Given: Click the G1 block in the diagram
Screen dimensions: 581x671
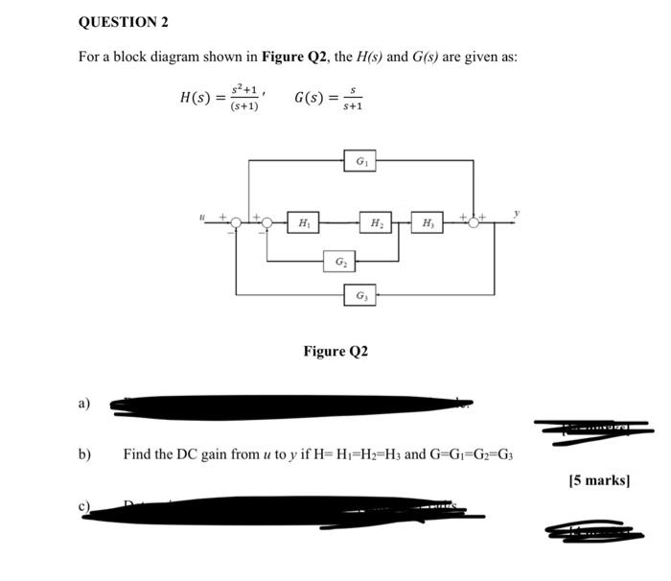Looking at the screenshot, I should [x=360, y=161].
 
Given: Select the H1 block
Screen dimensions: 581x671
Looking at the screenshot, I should [x=304, y=223].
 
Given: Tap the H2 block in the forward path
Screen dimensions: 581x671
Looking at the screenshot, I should [x=377, y=223].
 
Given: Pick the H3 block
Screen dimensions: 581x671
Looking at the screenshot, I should [x=427, y=223].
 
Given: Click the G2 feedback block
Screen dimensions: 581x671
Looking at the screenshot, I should [x=340, y=261].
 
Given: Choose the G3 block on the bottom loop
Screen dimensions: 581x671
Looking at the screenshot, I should [x=360, y=296].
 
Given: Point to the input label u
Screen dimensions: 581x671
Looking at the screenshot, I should [x=202, y=219].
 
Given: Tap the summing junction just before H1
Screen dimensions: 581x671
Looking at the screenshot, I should [x=267, y=223].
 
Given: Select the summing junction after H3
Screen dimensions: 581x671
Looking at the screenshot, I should [x=474, y=223].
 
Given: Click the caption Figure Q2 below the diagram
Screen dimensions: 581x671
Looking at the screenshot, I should [x=335, y=352].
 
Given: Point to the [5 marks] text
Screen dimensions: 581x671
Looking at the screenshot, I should [x=599, y=479].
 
